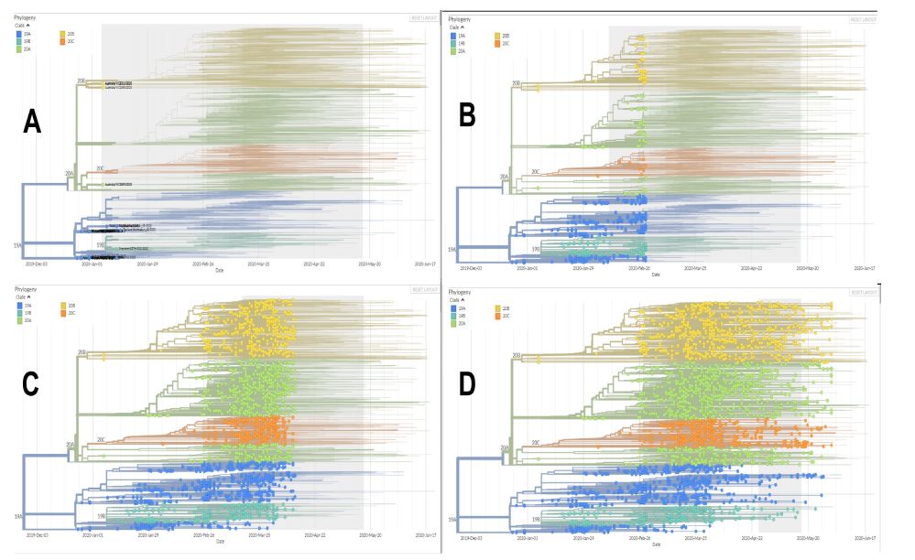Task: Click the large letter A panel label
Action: pos(33,120)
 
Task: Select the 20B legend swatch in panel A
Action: pos(63,33)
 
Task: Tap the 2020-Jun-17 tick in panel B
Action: pos(866,268)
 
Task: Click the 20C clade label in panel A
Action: pos(100,168)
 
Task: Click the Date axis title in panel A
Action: pos(219,271)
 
